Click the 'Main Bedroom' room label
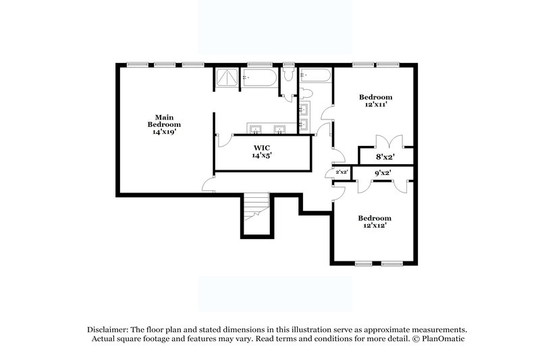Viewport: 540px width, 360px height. pos(164,121)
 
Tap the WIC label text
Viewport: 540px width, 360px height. pos(263,147)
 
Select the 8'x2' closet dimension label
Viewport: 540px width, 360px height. pos(385,157)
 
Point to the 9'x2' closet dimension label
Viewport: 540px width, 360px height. pos(382,174)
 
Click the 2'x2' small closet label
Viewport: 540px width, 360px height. pos(341,172)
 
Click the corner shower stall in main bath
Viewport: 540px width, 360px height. pos(227,79)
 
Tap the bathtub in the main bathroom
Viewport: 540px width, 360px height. pos(260,79)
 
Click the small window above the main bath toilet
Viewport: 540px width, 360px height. pos(288,65)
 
